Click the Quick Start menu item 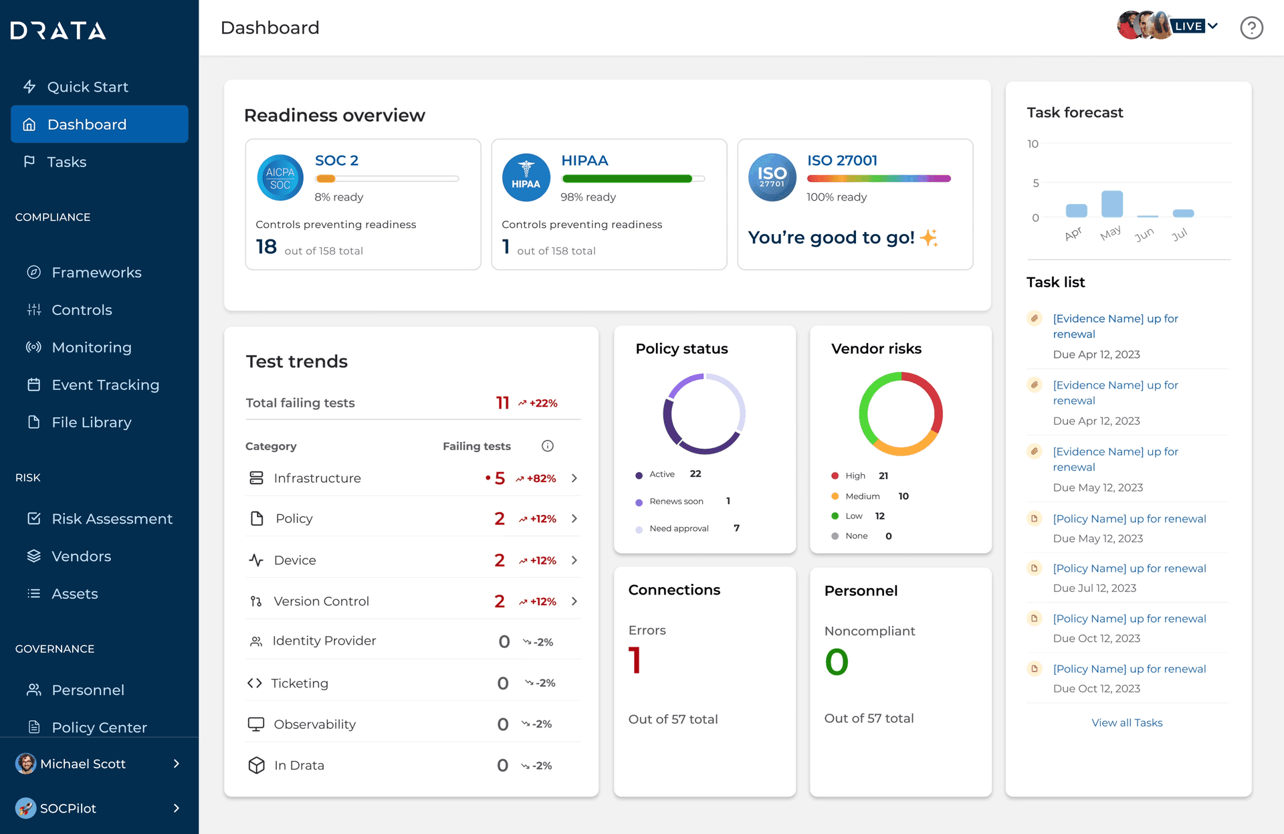(87, 87)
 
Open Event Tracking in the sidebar (105, 385)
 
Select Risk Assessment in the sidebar (112, 518)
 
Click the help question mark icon (1251, 27)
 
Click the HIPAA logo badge (526, 177)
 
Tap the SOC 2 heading (336, 161)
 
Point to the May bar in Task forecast (1111, 203)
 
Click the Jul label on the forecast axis (1179, 234)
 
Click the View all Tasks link (1127, 722)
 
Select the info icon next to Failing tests (547, 446)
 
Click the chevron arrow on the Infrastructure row (574, 478)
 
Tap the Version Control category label (321, 601)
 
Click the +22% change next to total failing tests (538, 403)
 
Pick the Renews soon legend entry (676, 501)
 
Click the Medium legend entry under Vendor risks (862, 496)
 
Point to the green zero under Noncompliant (836, 661)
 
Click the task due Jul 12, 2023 (1129, 568)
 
